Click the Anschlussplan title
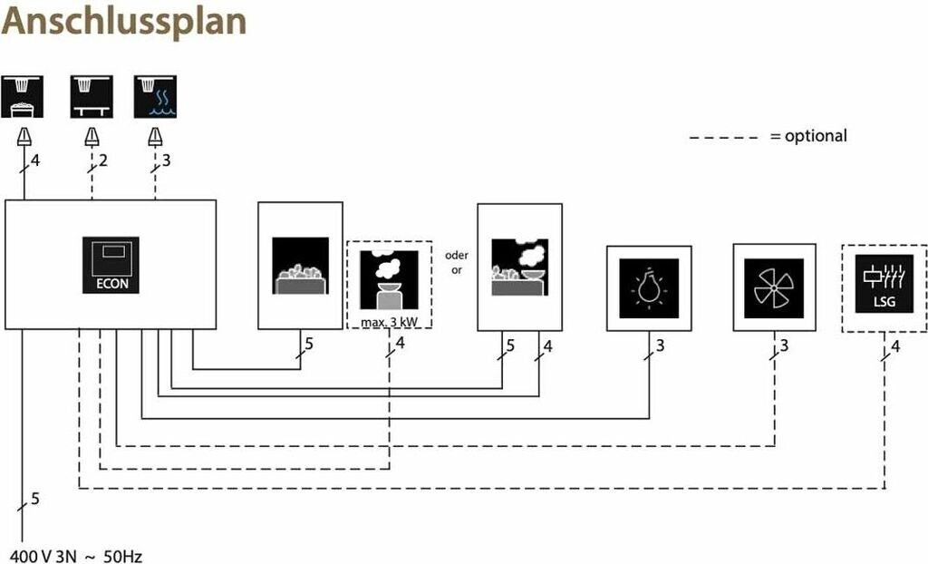pos(124,22)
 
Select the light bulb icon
pos(649,287)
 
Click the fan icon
pos(774,287)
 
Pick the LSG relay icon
pos(884,283)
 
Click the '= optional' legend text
pos(808,136)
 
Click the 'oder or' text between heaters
pos(457,263)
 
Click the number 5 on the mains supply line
pos(35,498)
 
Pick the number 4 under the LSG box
pos(895,345)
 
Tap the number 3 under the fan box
pos(784,345)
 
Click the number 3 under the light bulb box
pos(660,345)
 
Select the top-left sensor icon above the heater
pos(24,96)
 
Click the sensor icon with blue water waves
pos(156,96)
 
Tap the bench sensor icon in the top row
pos(92,96)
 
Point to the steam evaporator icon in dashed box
pos(389,279)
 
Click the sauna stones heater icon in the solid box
pos(300,265)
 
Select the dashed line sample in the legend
pos(723,137)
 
